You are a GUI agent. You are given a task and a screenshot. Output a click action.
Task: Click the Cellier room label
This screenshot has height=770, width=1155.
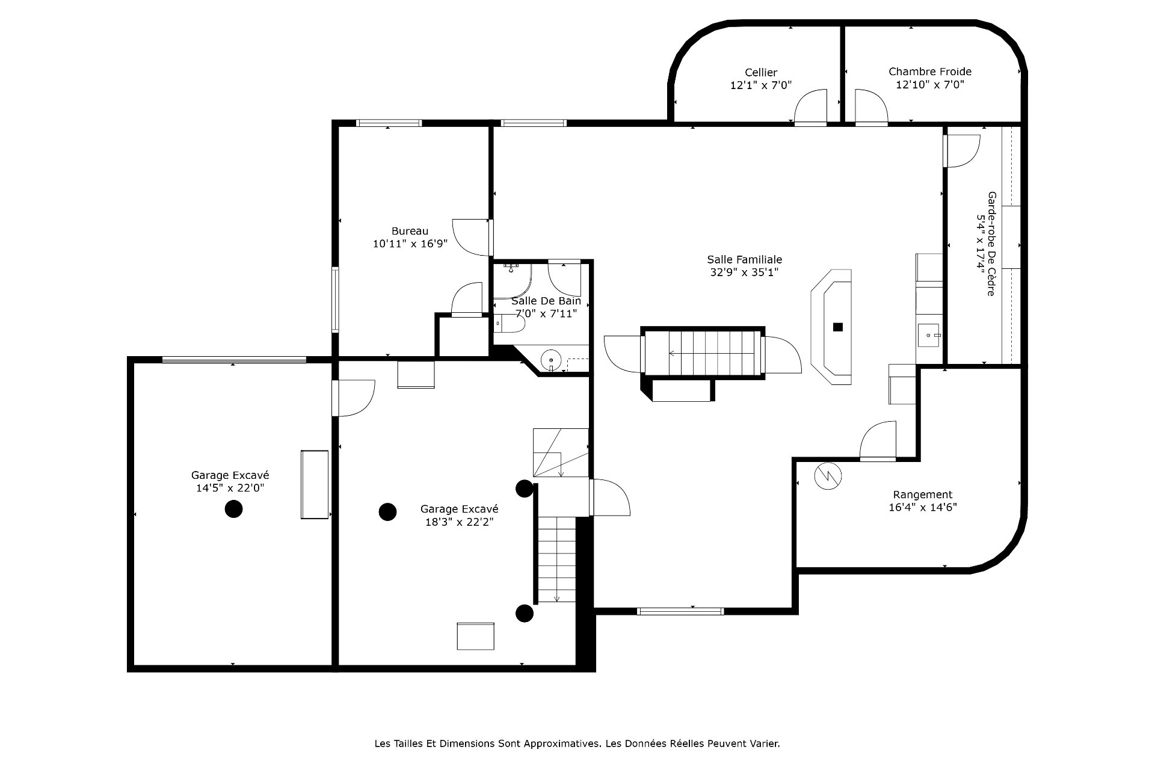[761, 72]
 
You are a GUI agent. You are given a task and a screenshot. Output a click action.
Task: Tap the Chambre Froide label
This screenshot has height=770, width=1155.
[930, 72]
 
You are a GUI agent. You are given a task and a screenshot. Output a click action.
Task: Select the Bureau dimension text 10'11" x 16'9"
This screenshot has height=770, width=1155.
[410, 244]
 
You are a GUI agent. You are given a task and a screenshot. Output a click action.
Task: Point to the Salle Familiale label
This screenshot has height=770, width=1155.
[745, 259]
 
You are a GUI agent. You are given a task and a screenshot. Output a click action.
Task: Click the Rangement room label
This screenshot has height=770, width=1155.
[923, 494]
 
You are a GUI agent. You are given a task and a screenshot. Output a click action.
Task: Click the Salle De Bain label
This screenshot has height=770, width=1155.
[546, 301]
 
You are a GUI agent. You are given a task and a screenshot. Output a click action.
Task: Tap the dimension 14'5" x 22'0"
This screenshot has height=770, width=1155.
[230, 488]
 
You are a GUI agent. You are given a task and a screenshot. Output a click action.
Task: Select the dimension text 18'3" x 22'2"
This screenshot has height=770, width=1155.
[460, 522]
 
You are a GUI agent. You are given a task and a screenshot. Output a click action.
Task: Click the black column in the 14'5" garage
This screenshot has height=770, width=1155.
[233, 509]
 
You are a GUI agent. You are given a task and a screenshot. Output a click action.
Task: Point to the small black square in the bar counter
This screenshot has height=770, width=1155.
[838, 327]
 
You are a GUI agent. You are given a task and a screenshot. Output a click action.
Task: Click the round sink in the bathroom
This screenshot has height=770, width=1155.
[552, 360]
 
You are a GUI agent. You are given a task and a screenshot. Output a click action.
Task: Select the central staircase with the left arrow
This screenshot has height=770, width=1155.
[703, 353]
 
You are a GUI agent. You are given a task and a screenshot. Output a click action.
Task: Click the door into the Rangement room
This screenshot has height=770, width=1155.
[878, 441]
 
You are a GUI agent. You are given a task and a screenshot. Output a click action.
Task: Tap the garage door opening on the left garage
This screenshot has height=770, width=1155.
[234, 360]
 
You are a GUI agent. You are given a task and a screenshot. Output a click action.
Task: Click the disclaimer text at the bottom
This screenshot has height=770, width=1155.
[577, 744]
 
